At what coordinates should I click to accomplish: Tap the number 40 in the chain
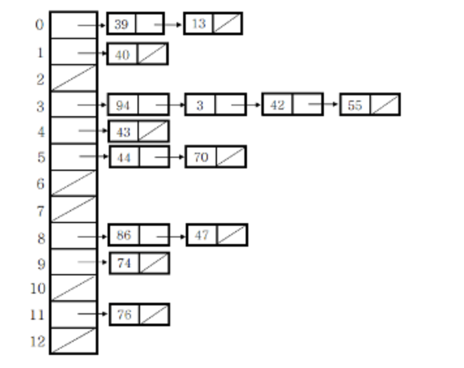[123, 55]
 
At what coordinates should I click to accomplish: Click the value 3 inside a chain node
[200, 105]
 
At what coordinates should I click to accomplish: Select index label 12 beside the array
[38, 341]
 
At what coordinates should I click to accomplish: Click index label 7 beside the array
[40, 211]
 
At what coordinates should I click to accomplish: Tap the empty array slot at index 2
[74, 78]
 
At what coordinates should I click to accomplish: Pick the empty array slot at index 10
[74, 288]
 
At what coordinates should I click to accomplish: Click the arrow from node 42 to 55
[324, 104]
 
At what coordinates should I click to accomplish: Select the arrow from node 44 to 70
[169, 157]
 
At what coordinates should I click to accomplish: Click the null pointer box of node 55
[384, 104]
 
